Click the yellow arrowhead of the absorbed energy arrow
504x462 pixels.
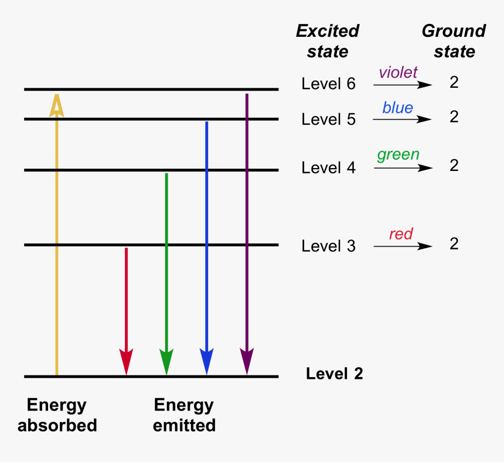click(x=56, y=105)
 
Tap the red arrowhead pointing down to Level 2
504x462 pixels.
click(x=126, y=360)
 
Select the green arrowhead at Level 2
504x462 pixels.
click(x=166, y=360)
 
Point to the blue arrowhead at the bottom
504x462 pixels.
click(x=206, y=360)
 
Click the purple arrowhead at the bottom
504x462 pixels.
click(x=247, y=360)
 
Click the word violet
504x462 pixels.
click(x=398, y=72)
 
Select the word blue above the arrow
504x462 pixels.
click(x=397, y=108)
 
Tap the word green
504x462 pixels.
click(x=398, y=155)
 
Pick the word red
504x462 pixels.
click(x=401, y=234)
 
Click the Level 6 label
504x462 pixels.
click(x=328, y=84)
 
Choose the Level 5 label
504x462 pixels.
click(x=328, y=119)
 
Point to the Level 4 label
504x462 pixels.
click(x=328, y=167)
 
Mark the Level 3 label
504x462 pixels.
click(x=328, y=246)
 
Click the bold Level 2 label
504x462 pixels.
click(x=334, y=374)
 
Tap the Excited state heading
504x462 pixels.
click(x=328, y=41)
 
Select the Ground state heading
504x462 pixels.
click(x=454, y=41)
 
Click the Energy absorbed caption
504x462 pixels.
click(x=57, y=415)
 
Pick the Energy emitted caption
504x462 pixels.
click(x=184, y=415)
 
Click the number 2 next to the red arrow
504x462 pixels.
click(x=454, y=244)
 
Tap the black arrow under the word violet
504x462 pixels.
click(x=403, y=85)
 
